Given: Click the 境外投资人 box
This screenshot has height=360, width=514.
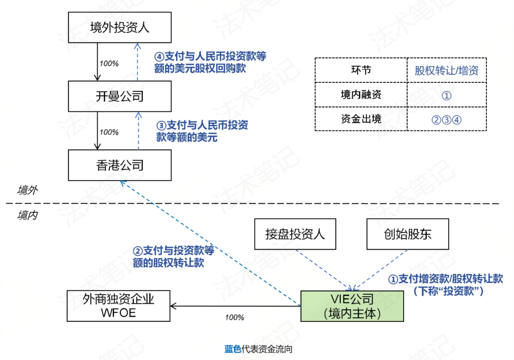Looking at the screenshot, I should click(x=119, y=27).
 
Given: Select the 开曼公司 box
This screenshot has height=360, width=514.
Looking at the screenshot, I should click(x=119, y=97).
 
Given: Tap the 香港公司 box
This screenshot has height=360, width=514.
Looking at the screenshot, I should click(x=119, y=165).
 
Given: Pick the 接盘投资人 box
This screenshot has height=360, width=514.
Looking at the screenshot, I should click(x=295, y=234).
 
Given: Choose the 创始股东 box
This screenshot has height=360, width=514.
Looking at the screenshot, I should click(x=408, y=234).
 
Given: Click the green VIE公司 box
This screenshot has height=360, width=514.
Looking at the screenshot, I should click(x=352, y=306).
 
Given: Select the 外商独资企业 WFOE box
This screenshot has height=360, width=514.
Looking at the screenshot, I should click(x=119, y=306).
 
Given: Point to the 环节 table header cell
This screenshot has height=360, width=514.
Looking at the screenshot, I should click(x=361, y=70).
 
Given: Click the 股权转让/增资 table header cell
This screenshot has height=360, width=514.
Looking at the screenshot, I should click(x=446, y=71).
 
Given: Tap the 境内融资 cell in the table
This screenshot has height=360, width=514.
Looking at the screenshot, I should click(x=361, y=95).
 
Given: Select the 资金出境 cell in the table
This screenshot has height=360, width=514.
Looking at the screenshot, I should click(x=361, y=119).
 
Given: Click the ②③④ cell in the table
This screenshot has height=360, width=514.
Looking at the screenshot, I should click(x=446, y=119).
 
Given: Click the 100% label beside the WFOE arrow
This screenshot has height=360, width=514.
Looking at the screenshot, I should click(x=234, y=317).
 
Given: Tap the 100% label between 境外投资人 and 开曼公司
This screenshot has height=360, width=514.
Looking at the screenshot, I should click(x=109, y=63).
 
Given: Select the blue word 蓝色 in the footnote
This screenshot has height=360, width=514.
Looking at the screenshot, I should click(x=233, y=349).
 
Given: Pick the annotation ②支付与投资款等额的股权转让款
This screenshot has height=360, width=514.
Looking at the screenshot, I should click(x=174, y=256).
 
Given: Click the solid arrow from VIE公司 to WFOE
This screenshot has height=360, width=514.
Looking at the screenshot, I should click(x=236, y=306).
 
